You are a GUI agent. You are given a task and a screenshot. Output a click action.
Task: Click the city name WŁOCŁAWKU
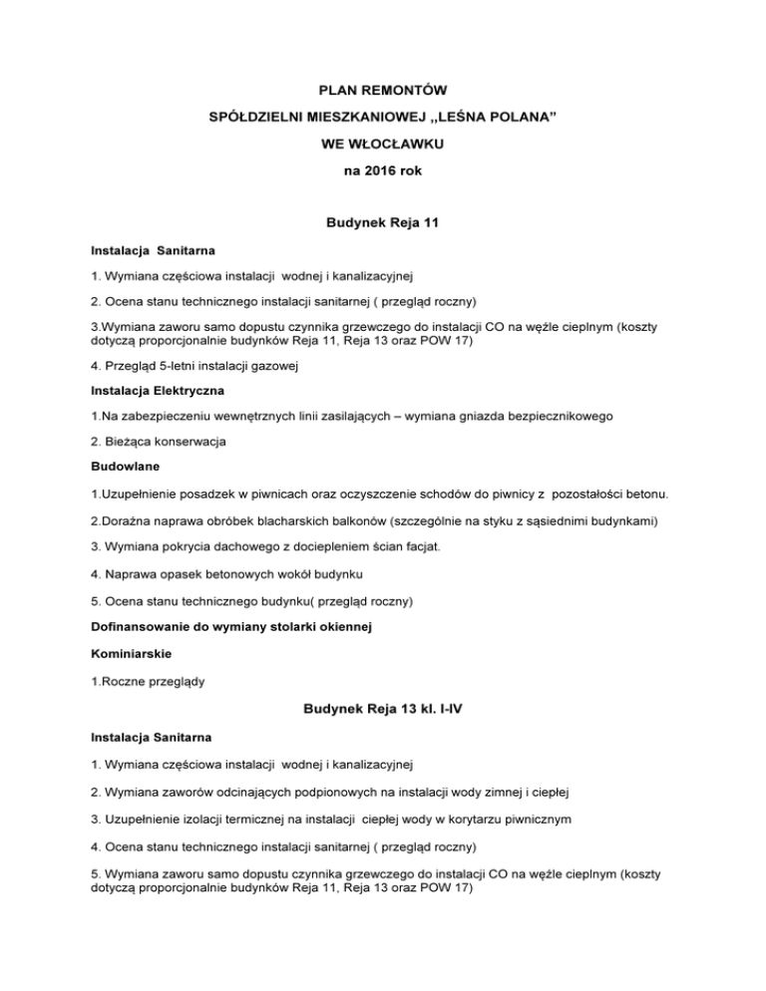click(x=400, y=145)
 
